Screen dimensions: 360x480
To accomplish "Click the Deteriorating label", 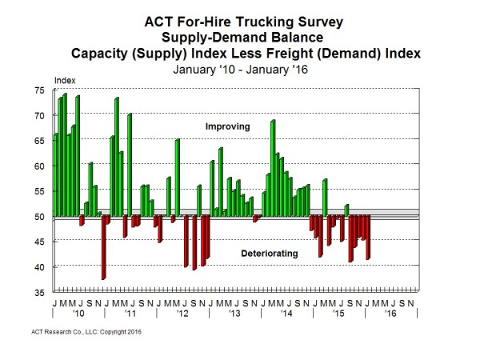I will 270,254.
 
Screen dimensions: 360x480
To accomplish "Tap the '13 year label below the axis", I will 234,314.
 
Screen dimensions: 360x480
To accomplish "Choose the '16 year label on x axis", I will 390,314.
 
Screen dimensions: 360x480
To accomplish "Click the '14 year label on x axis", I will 286,314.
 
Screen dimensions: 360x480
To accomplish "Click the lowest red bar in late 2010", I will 103,247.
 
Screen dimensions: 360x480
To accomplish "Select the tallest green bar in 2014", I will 273,168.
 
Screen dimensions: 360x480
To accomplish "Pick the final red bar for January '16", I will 368,238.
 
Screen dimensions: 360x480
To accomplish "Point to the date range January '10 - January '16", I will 239,69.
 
